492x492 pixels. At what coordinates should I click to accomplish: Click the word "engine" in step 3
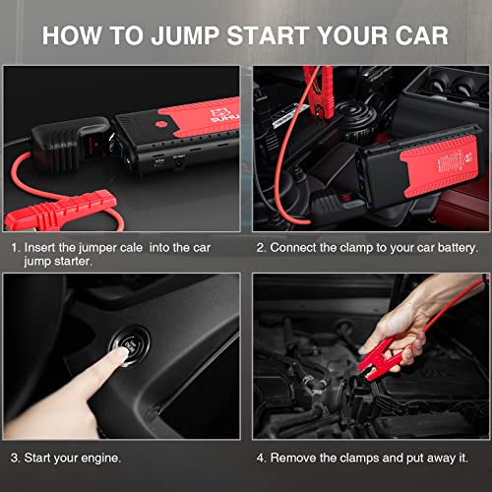point(100,457)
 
